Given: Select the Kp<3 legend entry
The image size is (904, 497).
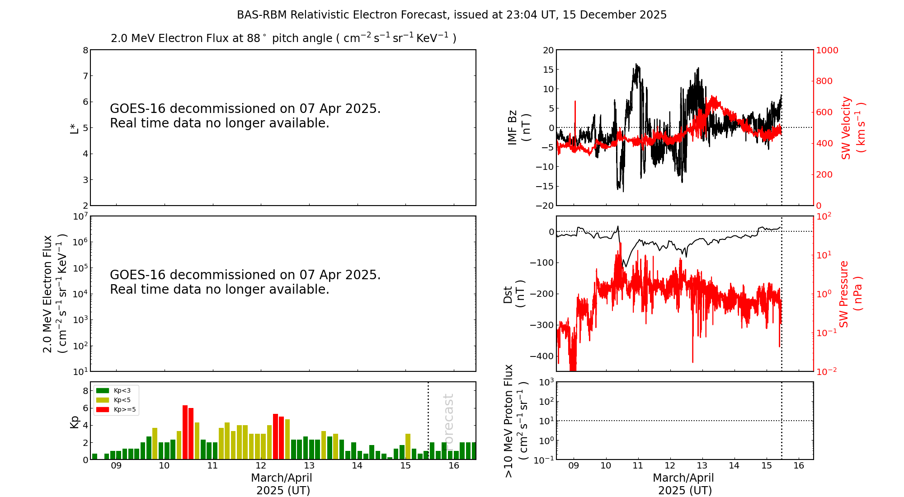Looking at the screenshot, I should pyautogui.click(x=116, y=390).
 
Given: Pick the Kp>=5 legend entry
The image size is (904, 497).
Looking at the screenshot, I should pyautogui.click(x=116, y=410).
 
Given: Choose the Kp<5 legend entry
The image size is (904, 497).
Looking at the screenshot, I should pyautogui.click(x=116, y=400).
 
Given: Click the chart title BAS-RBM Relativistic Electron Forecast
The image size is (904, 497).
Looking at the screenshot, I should pyautogui.click(x=452, y=15).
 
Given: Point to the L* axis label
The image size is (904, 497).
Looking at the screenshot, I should pyautogui.click(x=74, y=128).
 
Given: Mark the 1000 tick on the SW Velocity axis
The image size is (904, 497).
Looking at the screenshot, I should pyautogui.click(x=827, y=50).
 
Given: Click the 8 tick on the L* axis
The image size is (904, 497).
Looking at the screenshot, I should pyautogui.click(x=85, y=50).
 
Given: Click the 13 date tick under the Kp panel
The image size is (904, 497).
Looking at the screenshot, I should pyautogui.click(x=309, y=466).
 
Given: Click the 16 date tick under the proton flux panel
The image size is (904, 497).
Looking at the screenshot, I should pyautogui.click(x=799, y=466).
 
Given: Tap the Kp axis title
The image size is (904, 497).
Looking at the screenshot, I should pyautogui.click(x=74, y=422).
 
